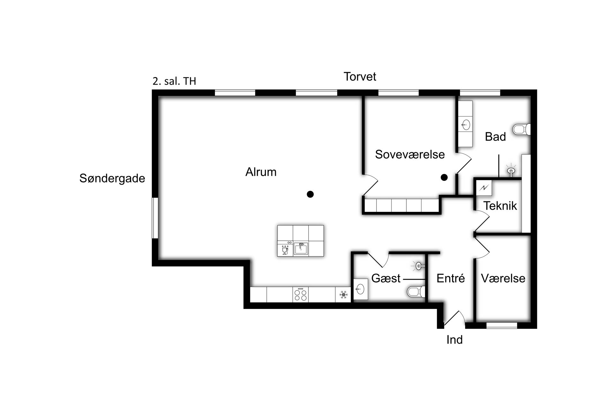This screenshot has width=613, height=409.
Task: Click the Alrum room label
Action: (261, 172)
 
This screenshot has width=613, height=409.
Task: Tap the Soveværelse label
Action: (410, 154)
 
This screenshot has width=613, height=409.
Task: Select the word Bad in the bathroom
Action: (495, 136)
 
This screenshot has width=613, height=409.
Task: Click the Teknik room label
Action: (500, 205)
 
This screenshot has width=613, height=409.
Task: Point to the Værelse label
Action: (503, 278)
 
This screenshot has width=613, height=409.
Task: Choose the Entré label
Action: (450, 278)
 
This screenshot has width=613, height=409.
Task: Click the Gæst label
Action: (386, 278)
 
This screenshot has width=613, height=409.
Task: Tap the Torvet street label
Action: (360, 77)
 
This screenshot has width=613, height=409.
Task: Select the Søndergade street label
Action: (112, 178)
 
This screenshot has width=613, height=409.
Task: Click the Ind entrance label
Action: (454, 340)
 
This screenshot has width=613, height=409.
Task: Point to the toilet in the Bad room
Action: (521, 129)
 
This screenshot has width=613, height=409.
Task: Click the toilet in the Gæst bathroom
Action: (416, 291)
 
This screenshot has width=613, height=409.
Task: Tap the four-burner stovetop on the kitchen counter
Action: (300, 295)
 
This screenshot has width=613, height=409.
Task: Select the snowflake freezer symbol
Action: (343, 295)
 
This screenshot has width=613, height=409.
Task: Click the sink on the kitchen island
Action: (301, 249)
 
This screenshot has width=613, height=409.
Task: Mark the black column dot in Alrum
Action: (310, 194)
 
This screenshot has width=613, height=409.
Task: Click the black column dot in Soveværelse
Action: (444, 177)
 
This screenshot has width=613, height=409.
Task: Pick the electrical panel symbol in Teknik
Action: (484, 188)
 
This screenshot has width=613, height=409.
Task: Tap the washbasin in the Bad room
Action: (466, 125)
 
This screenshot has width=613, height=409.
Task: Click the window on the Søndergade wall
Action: (155, 218)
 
